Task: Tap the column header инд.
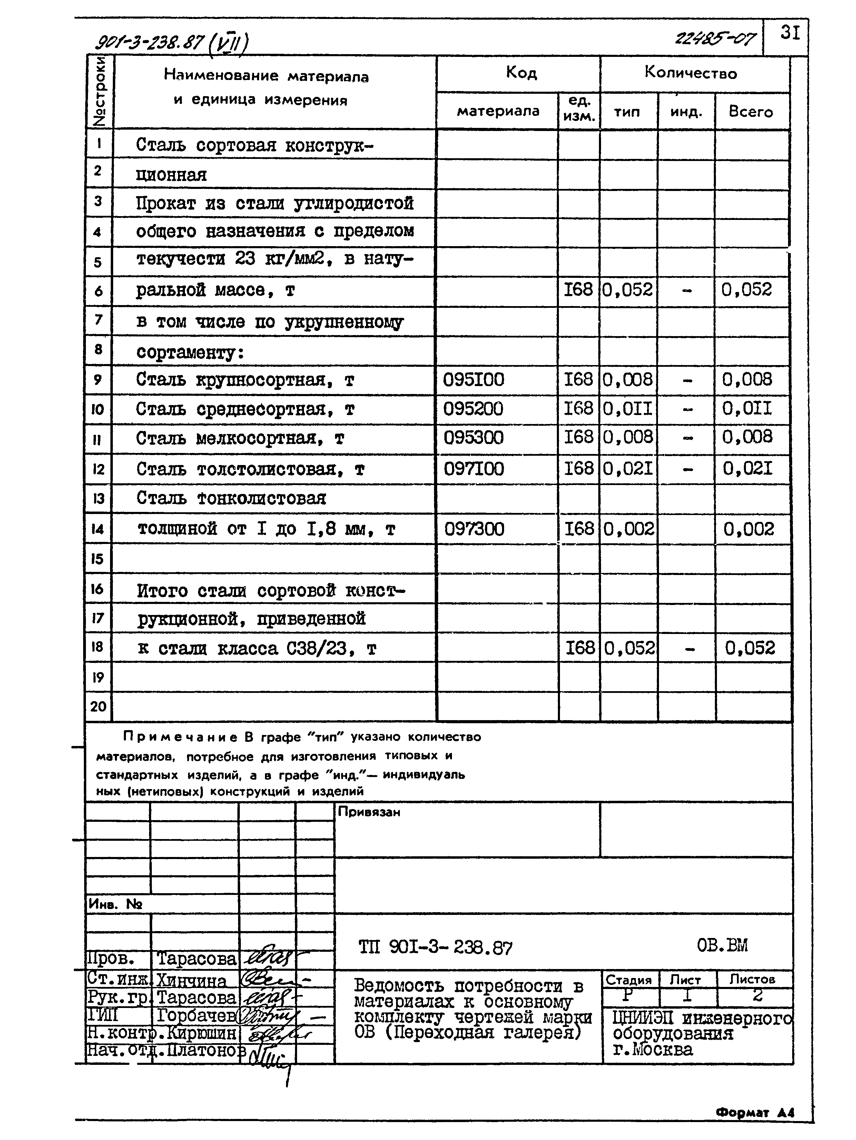pyautogui.click(x=686, y=112)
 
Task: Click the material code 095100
pyautogui.click(x=473, y=380)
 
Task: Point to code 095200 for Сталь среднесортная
pyautogui.click(x=473, y=409)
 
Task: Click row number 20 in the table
pyautogui.click(x=98, y=706)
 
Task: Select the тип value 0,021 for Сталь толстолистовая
pyautogui.click(x=628, y=469)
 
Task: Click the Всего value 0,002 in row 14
pyautogui.click(x=749, y=529)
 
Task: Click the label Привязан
pyautogui.click(x=369, y=812)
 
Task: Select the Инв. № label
pyautogui.click(x=116, y=904)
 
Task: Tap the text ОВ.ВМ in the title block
pyautogui.click(x=722, y=945)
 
